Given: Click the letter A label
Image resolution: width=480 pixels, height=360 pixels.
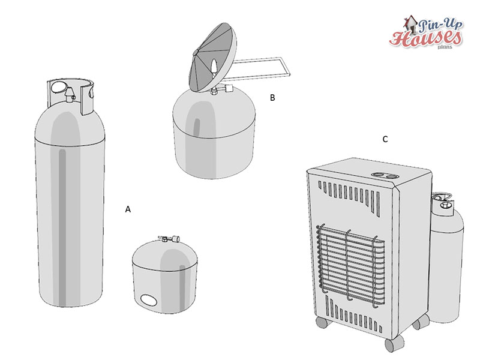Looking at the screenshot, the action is (128, 209).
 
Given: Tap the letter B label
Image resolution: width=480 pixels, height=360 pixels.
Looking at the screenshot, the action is (272, 98).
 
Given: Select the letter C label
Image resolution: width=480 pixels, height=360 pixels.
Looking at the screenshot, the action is (385, 139).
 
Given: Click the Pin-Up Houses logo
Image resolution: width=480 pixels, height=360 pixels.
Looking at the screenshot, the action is (426, 32).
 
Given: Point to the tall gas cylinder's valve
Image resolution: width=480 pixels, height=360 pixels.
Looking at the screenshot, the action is (70, 93).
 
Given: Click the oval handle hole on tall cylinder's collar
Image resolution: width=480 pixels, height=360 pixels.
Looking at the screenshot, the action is (57, 87).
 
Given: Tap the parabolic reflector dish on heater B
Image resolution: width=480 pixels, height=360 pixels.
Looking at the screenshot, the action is (213, 56).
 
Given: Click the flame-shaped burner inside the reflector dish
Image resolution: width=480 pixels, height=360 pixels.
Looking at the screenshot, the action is (214, 67).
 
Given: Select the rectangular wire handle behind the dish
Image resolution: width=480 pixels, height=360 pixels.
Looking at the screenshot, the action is (260, 68).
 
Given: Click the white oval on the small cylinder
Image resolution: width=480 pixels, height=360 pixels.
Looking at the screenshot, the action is (148, 300).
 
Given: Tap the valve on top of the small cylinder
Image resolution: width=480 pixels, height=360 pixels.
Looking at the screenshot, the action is (169, 238).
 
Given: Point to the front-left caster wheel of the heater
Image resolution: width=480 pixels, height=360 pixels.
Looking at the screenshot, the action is (322, 323).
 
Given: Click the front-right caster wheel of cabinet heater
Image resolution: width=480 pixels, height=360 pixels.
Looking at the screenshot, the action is (394, 344).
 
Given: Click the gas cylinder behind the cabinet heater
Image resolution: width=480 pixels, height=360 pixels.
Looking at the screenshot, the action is (446, 257).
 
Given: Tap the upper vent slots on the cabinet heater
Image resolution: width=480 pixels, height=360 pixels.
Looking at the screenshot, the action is (350, 197).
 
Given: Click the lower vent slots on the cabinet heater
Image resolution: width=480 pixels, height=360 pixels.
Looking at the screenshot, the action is (354, 316).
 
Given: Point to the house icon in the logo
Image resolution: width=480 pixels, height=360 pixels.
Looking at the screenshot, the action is (410, 25).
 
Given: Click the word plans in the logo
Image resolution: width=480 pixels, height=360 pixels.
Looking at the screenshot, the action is (445, 47).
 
